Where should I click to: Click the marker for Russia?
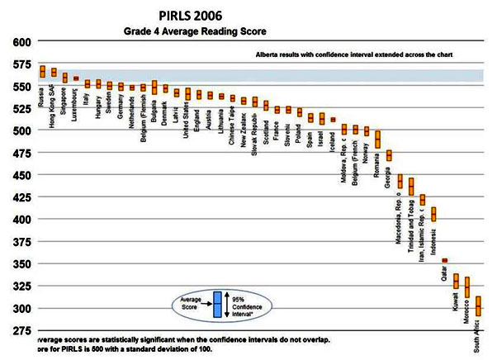point(42,71)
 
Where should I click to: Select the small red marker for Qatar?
point(444,260)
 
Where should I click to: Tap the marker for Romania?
point(377,139)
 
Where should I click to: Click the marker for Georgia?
point(389,155)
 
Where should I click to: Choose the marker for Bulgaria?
point(154,88)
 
